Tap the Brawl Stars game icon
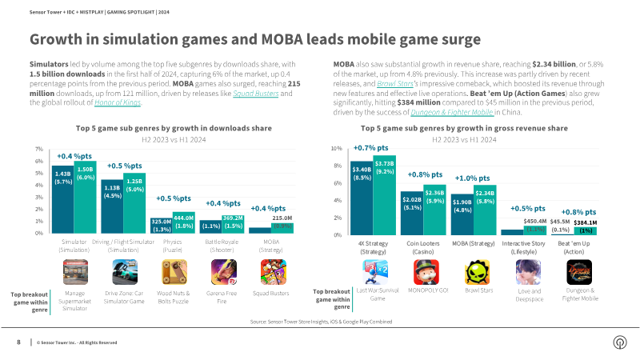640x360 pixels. click(478, 274)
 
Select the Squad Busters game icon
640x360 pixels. click(270, 274)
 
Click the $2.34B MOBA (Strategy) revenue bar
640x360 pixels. click(485, 212)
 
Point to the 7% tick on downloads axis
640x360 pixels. click(39, 150)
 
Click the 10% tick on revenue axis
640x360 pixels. click(338, 149)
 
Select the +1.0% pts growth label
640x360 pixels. click(472, 178)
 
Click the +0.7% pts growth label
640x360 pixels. click(370, 148)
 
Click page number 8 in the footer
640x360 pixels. click(18, 342)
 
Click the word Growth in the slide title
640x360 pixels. click(58, 38)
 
